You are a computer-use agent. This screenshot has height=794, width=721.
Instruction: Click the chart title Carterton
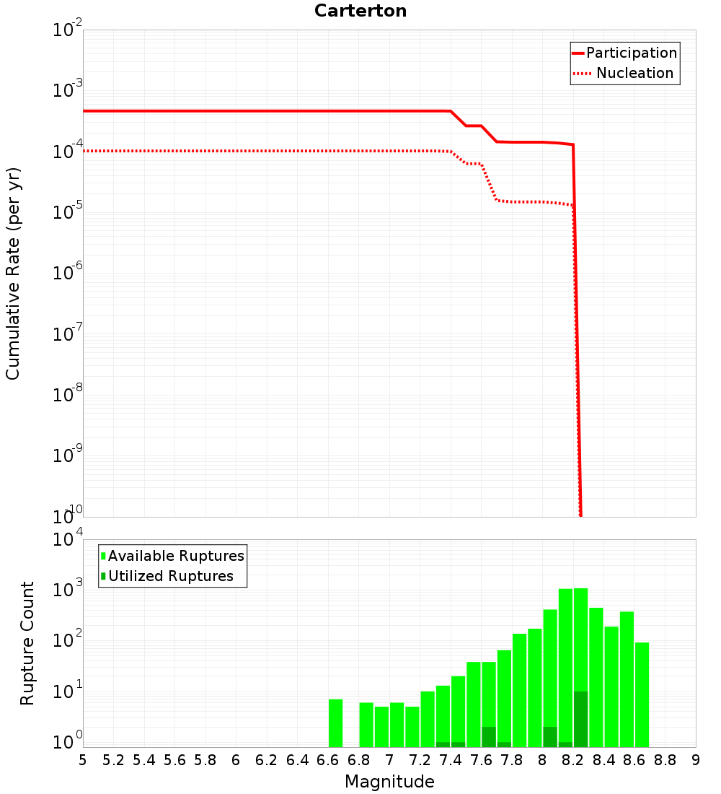(360, 11)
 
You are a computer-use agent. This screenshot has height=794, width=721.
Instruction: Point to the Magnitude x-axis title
(389, 782)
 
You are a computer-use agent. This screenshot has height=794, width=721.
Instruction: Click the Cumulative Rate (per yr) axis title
(13, 273)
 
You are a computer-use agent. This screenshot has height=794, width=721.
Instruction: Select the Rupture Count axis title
(27, 643)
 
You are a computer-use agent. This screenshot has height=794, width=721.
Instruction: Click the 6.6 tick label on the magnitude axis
(328, 760)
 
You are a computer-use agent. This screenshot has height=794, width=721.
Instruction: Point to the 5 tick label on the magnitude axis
(83, 760)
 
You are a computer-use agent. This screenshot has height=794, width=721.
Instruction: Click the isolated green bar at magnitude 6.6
(335, 723)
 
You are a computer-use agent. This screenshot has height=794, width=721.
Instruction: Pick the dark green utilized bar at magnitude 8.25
(580, 719)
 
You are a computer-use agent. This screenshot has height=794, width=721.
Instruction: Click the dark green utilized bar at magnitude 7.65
(489, 737)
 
